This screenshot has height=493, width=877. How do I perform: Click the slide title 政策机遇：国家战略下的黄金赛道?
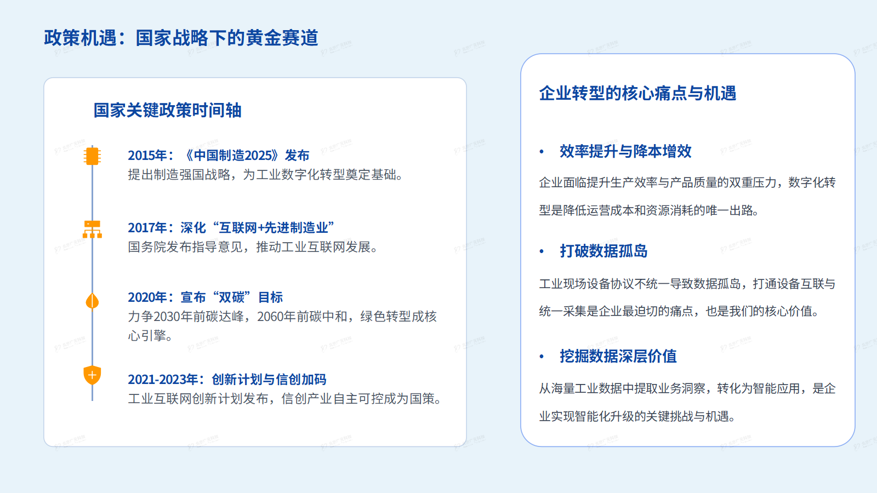[x=181, y=38]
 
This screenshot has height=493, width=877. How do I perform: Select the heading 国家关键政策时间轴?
[x=167, y=110]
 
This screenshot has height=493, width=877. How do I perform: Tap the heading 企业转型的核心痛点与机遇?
[x=637, y=93]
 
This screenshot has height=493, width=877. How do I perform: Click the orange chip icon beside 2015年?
[x=92, y=156]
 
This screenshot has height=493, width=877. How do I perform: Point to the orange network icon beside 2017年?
[x=92, y=228]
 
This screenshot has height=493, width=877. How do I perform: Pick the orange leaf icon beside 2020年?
[x=92, y=301]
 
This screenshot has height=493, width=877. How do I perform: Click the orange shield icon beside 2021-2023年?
[x=92, y=375]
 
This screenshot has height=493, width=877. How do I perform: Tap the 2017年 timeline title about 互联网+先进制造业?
[x=231, y=228]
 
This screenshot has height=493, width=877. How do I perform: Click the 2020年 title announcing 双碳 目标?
[x=206, y=297]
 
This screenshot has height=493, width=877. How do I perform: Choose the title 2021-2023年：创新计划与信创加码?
[x=227, y=379]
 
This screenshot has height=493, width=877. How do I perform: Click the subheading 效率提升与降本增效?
[x=625, y=151]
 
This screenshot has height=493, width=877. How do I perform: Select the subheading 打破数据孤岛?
[x=603, y=251]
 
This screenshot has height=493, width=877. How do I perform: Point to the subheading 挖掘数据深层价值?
[x=618, y=356]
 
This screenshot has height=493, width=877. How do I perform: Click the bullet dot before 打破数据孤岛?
[x=542, y=251]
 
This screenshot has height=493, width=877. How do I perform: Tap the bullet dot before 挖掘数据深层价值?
[x=542, y=357]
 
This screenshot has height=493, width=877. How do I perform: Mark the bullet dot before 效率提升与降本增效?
[x=542, y=152]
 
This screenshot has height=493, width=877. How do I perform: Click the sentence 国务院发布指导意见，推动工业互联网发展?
[x=253, y=247]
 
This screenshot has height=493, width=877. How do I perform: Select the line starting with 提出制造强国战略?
[x=266, y=175]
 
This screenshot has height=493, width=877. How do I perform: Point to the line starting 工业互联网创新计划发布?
[x=285, y=399]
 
